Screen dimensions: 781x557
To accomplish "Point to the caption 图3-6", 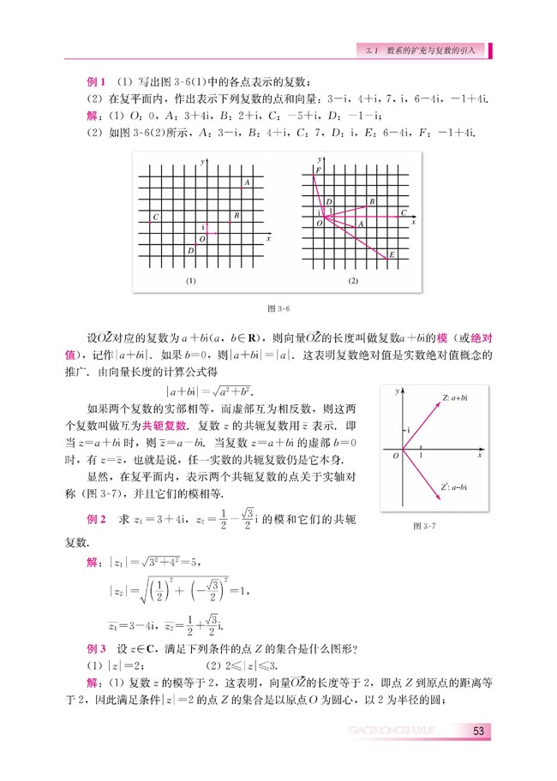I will (278, 307).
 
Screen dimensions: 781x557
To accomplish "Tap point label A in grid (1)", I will (247, 183).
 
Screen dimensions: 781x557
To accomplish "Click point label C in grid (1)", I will (155, 218).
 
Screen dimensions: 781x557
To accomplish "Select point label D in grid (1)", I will (189, 250).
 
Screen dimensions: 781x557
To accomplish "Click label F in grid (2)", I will (318, 171).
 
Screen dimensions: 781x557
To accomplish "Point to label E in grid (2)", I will (392, 254).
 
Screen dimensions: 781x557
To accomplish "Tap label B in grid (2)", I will (371, 202).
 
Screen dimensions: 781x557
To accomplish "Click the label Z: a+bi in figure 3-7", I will (455, 398).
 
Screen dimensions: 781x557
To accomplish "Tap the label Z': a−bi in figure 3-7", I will (455, 487).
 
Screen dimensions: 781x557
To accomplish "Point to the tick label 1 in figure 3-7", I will (420, 456).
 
